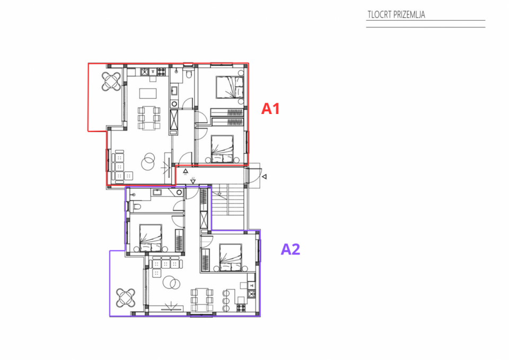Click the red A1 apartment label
coord(270,109)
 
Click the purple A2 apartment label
coord(291,249)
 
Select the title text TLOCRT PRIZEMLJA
coord(396,15)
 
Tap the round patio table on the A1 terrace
coord(112,81)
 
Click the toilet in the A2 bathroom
coord(136,206)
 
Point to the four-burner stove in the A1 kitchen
coord(161,71)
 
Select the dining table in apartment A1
coord(149,118)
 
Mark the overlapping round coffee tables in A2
coord(171,283)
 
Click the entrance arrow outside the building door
coord(264,177)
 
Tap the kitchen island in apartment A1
coord(148,94)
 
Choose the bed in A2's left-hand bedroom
coord(151,237)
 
